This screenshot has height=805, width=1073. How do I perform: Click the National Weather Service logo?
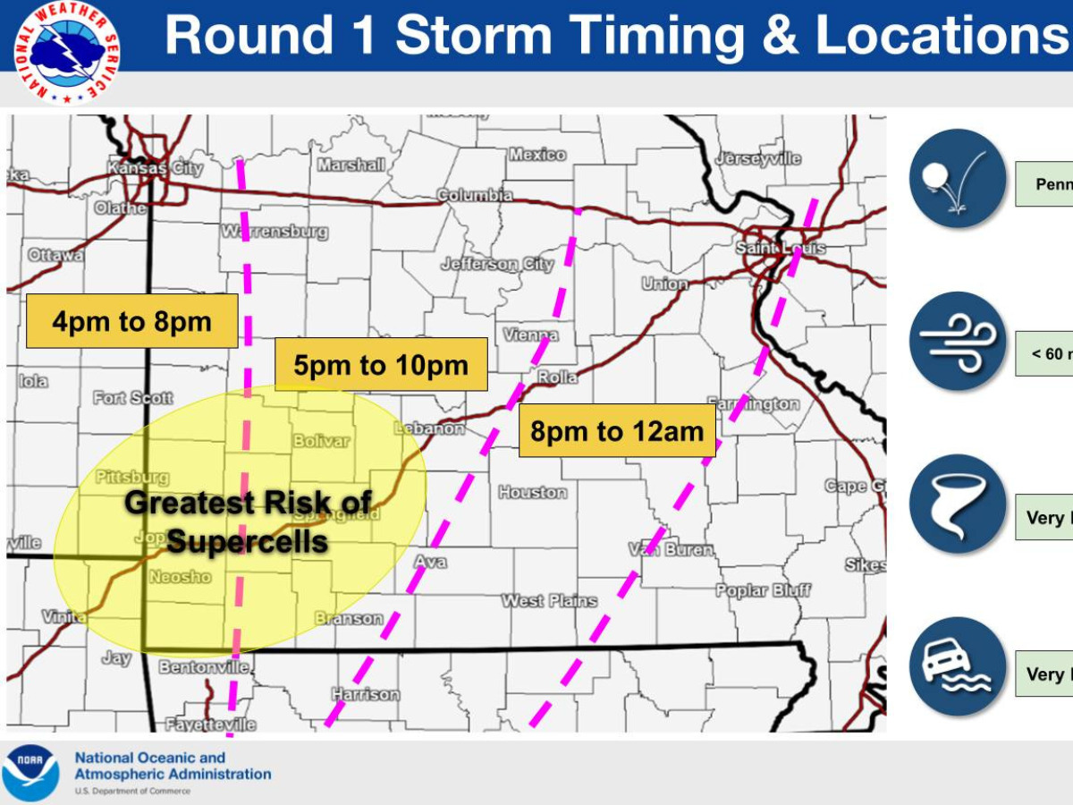(x=65, y=53)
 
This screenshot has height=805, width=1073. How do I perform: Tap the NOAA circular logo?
(x=31, y=772)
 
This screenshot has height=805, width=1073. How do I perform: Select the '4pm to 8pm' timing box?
(x=131, y=321)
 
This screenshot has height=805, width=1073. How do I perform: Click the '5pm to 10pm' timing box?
(x=381, y=365)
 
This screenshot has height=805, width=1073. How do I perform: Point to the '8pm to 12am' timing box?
(x=617, y=431)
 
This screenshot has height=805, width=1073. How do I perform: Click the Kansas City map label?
(x=150, y=167)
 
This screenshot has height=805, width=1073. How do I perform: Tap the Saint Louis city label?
(x=781, y=248)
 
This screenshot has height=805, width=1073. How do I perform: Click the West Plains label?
(x=548, y=600)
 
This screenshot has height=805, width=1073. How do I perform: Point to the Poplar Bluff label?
(x=763, y=590)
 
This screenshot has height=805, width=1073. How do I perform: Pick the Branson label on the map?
(x=349, y=618)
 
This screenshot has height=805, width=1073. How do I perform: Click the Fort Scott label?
(x=133, y=398)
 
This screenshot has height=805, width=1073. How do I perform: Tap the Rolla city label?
(x=557, y=377)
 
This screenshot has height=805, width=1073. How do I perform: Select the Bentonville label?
(x=204, y=667)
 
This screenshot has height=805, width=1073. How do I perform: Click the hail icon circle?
(x=958, y=178)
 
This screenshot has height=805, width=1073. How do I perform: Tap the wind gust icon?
(x=958, y=341)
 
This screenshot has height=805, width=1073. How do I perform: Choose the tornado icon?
(x=958, y=504)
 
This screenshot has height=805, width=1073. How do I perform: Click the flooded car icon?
(x=958, y=666)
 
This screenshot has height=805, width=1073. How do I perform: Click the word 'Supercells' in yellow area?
(x=247, y=541)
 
